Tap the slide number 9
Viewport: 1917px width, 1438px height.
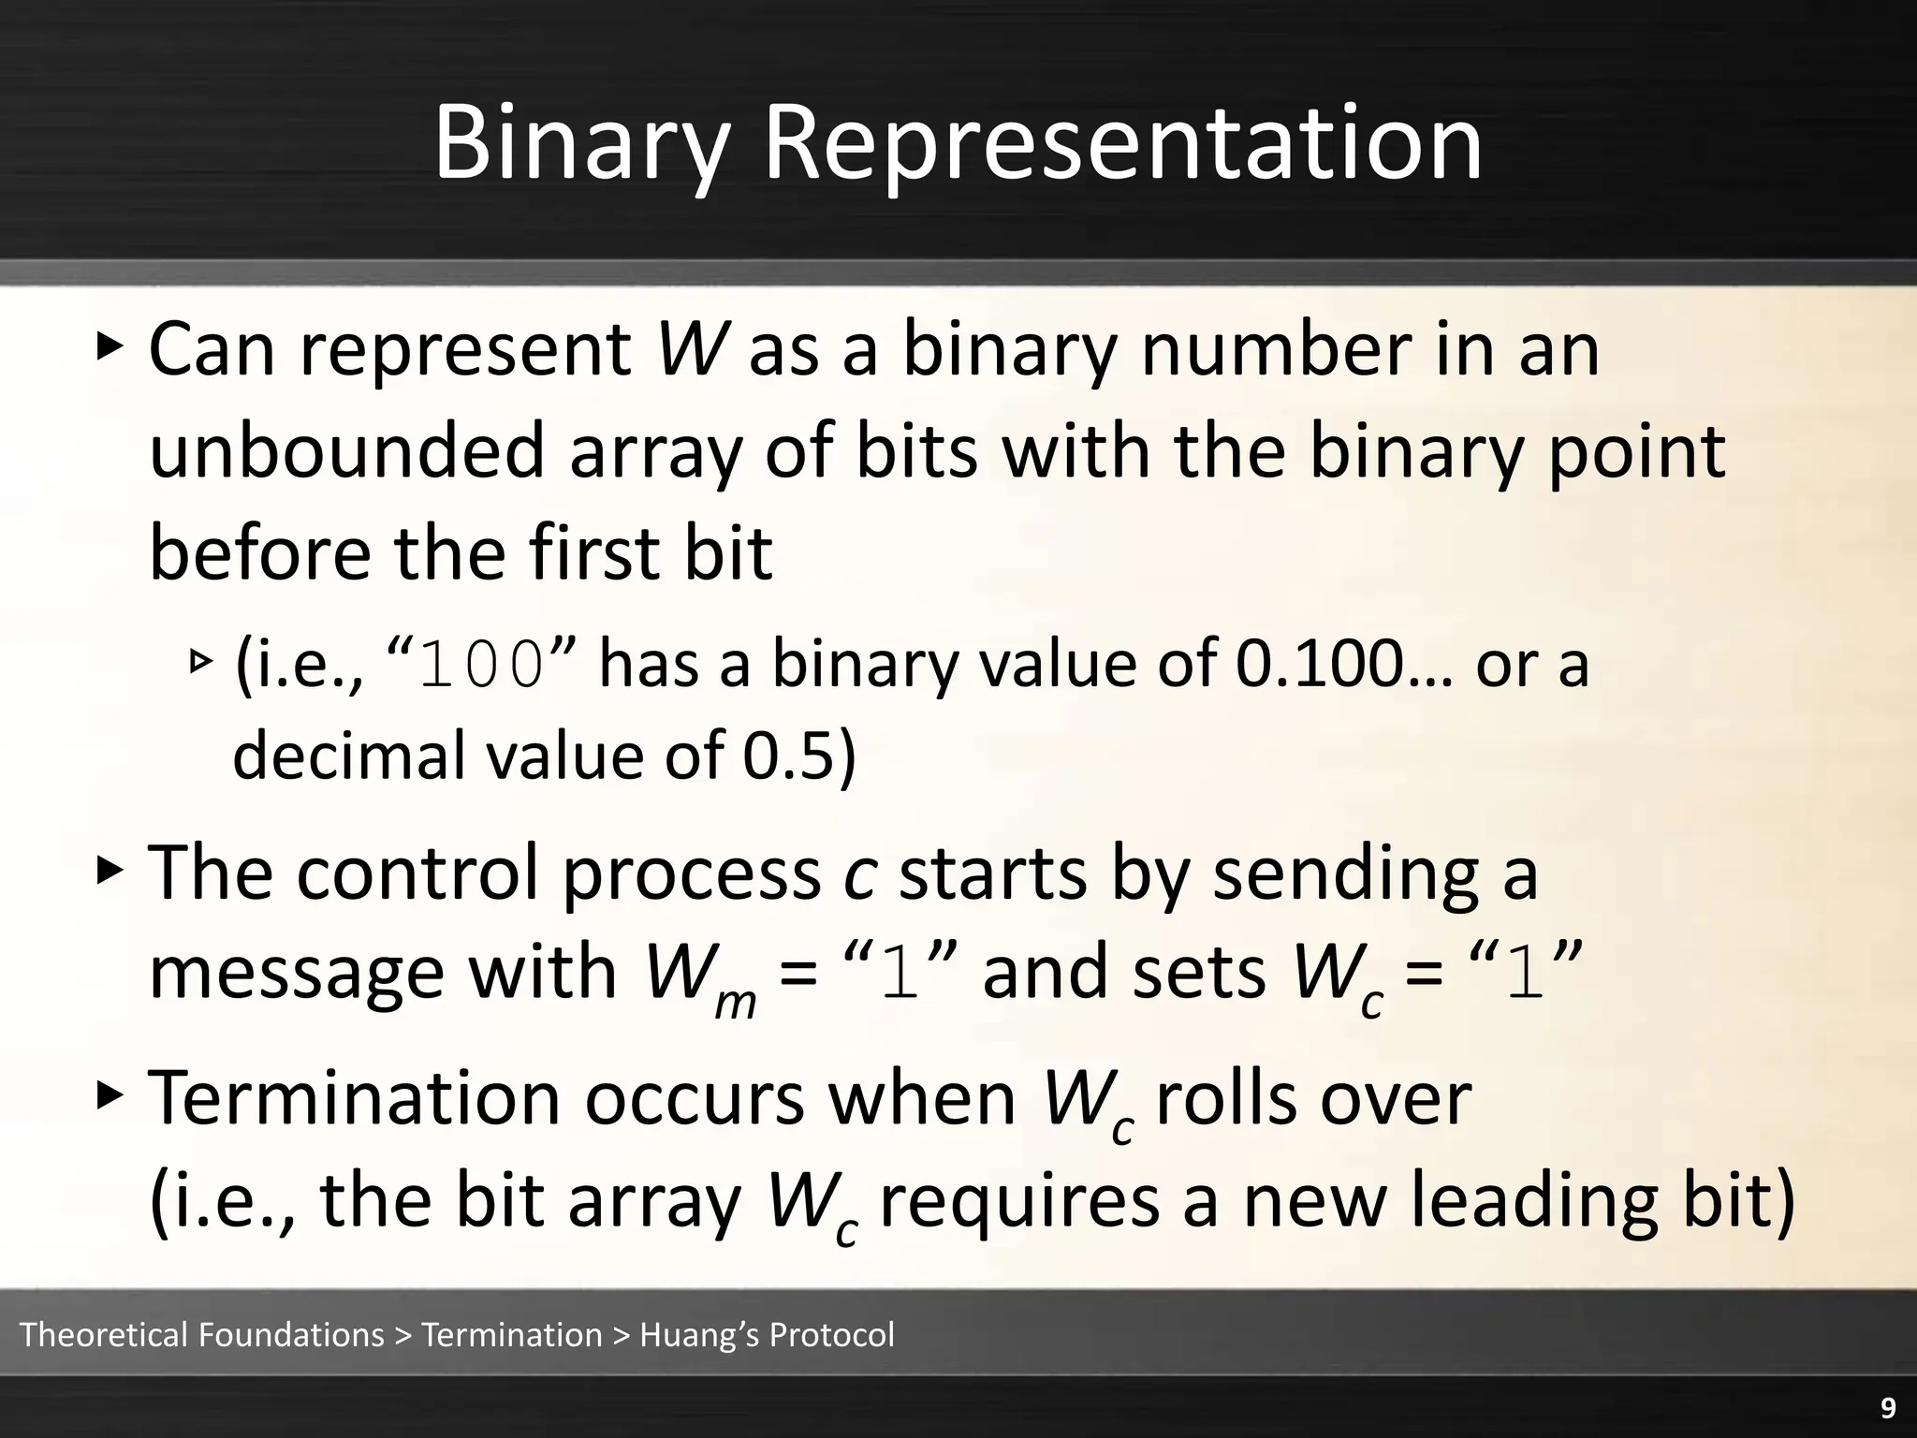point(1888,1408)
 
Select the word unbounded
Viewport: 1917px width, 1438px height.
point(346,451)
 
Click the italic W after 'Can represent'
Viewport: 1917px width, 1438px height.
point(691,350)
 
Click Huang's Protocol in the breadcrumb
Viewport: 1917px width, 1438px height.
point(767,1334)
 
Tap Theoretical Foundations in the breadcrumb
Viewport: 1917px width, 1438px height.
point(201,1334)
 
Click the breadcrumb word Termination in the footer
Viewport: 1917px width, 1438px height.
point(512,1334)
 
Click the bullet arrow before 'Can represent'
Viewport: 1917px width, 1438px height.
point(110,347)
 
